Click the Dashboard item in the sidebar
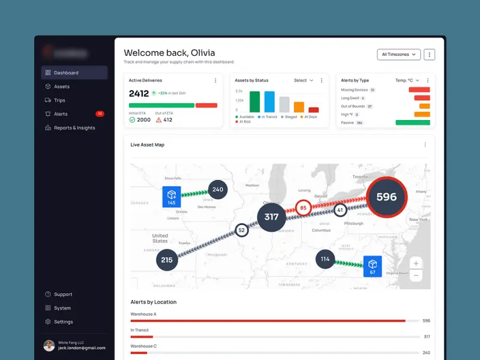66,73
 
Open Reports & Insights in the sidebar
74,128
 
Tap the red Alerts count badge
100,113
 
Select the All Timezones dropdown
398,55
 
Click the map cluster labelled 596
386,197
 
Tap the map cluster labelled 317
271,217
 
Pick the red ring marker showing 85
303,208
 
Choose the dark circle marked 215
167,260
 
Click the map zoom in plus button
416,263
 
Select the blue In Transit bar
269,101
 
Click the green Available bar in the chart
254,101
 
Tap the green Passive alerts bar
413,122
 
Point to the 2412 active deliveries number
139,94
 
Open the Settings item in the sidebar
63,322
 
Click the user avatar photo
49,346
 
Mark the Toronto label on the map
360,177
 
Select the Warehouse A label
143,314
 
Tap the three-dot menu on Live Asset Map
425,145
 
